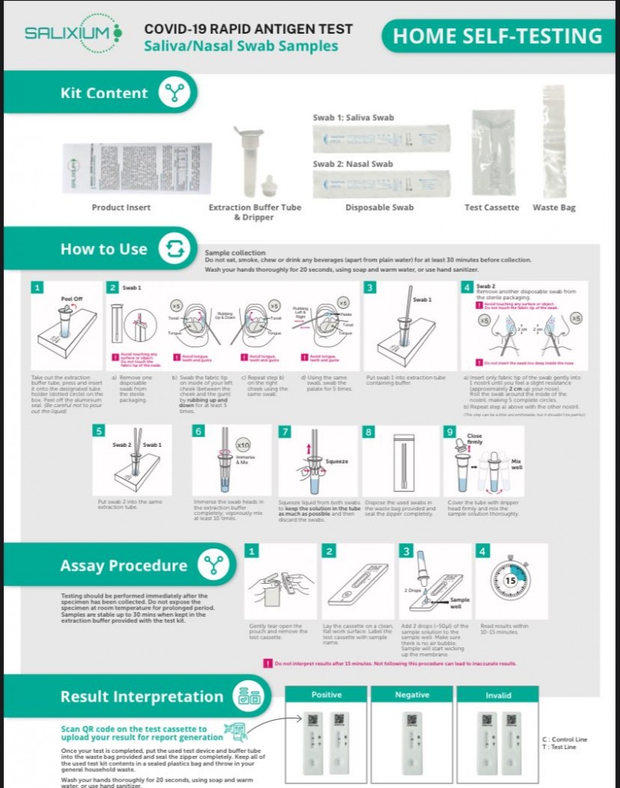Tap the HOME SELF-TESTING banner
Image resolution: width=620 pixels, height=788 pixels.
497,36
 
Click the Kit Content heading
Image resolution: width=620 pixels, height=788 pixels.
104,93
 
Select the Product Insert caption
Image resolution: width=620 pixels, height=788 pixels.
121,207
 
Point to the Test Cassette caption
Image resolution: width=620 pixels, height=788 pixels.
491,207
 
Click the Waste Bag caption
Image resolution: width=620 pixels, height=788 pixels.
554,207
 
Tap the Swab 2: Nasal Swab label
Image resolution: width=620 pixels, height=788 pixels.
353,164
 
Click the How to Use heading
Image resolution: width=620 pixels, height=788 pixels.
104,249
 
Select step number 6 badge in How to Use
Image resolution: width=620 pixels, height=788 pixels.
199,431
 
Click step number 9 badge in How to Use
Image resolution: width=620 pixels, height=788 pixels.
450,431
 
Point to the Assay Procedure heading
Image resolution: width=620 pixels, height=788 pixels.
123,565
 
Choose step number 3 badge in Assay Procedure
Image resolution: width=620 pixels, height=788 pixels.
406,551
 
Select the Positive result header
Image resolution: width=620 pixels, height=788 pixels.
326,695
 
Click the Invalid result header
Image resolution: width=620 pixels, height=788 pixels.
498,695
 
